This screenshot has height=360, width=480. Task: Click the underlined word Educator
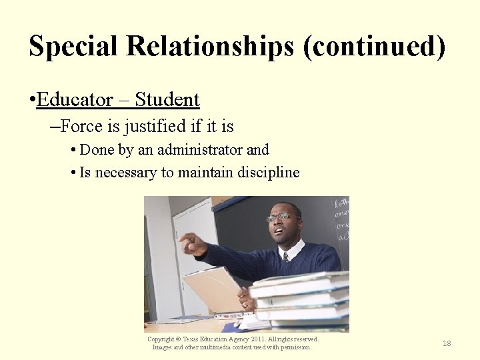pyautogui.click(x=75, y=100)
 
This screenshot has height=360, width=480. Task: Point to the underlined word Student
pyautogui.click(x=167, y=100)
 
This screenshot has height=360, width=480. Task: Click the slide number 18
pyautogui.click(x=447, y=343)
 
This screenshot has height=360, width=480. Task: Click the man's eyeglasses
pyautogui.click(x=281, y=217)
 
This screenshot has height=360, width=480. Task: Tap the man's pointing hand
pyautogui.click(x=191, y=243)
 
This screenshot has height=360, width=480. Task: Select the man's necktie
pyautogui.click(x=285, y=257)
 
